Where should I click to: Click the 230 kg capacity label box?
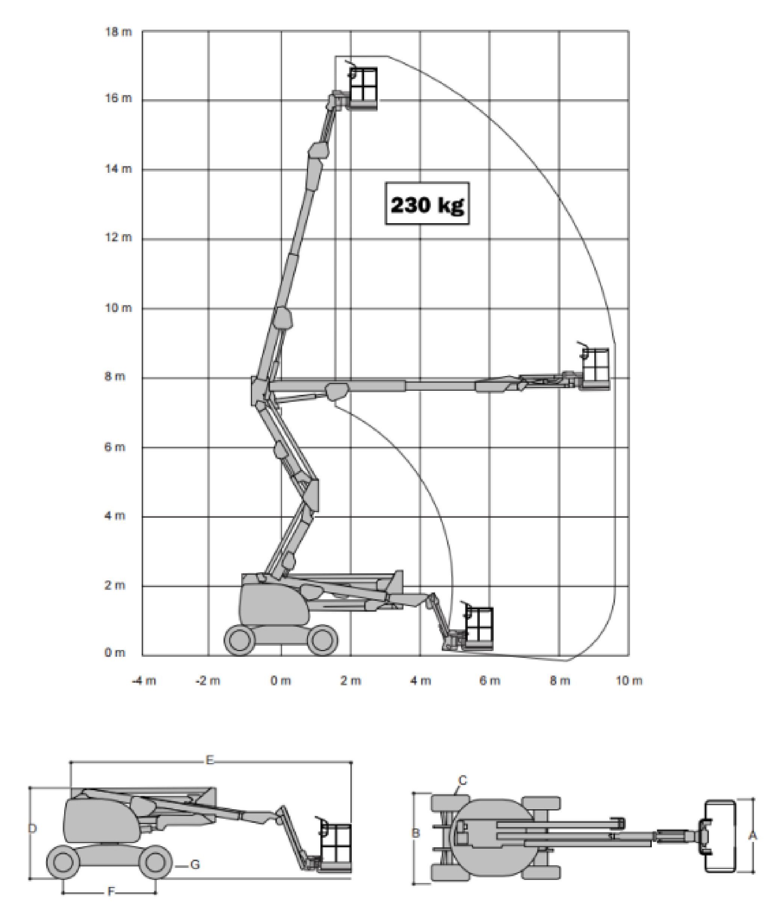pyautogui.click(x=427, y=204)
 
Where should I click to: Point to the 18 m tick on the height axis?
pyautogui.click(x=118, y=32)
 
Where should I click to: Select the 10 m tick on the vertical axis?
pyautogui.click(x=118, y=308)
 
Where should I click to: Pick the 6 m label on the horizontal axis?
pyautogui.click(x=490, y=681)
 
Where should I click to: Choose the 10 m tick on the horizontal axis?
pyautogui.click(x=629, y=681)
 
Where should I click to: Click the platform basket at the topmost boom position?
pyautogui.click(x=363, y=88)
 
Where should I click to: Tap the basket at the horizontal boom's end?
pyautogui.click(x=595, y=369)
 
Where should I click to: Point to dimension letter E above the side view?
pyautogui.click(x=210, y=760)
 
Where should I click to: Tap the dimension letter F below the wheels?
pyautogui.click(x=111, y=892)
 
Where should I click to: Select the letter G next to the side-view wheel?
pyautogui.click(x=195, y=864)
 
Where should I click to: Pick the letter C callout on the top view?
pyautogui.click(x=463, y=780)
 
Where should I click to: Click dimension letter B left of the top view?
pyautogui.click(x=416, y=833)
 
